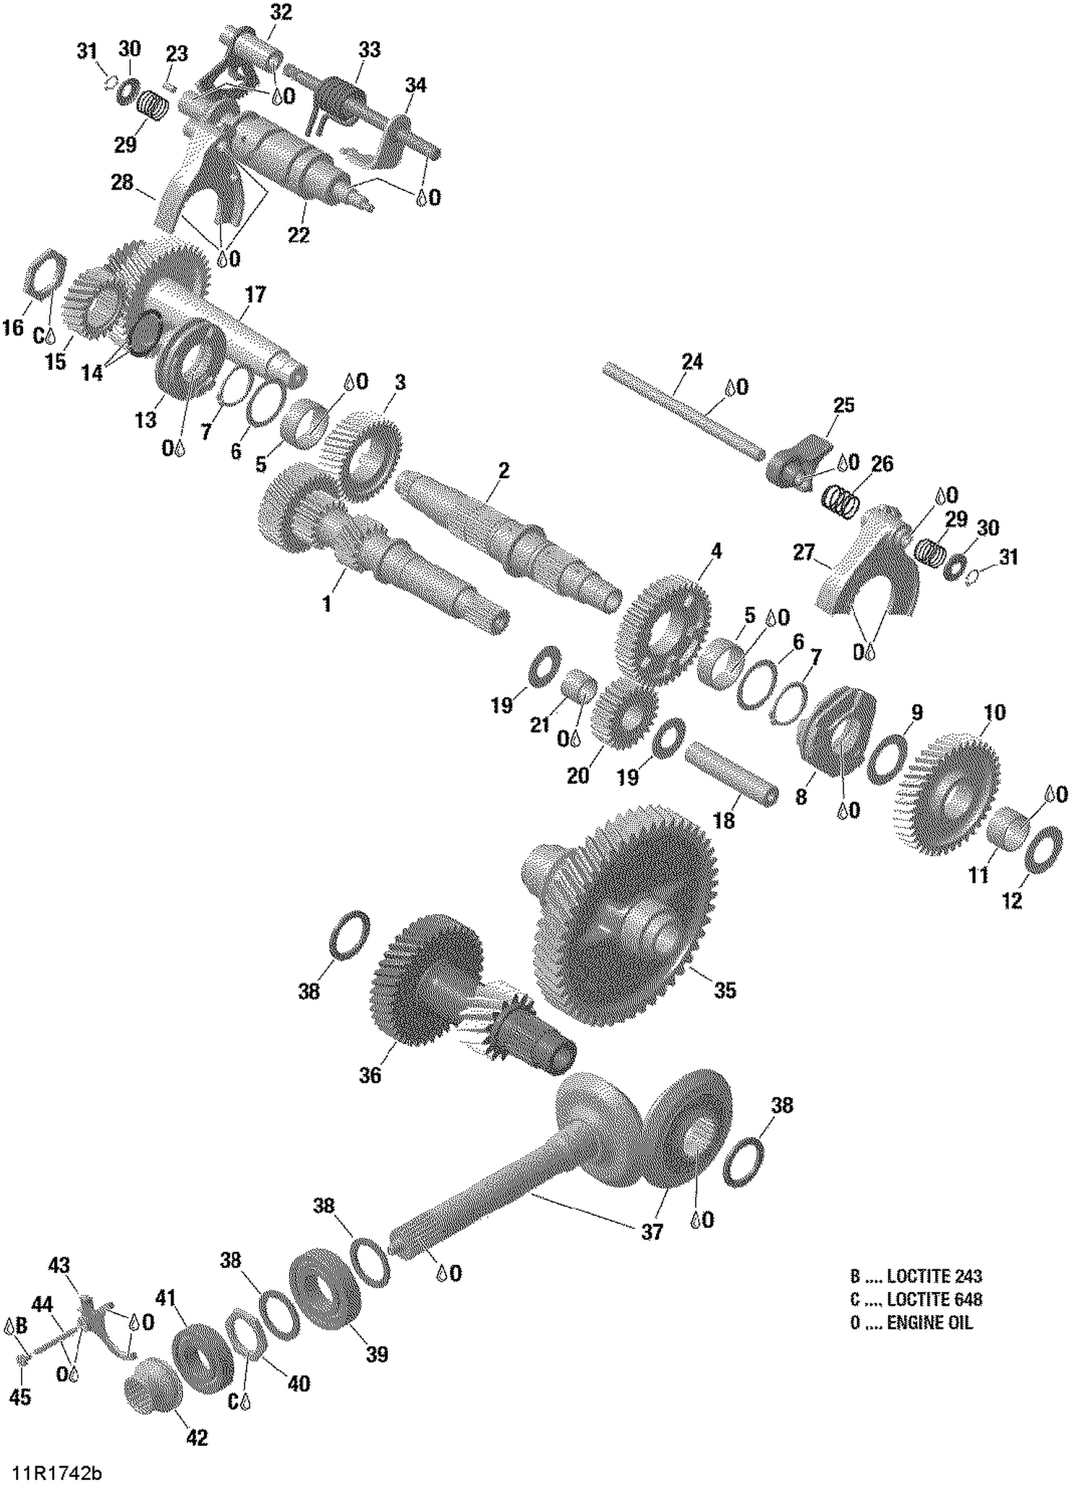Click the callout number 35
point(725,990)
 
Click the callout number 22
point(298,235)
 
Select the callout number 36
point(370,1076)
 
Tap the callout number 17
point(255,294)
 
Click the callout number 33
point(369,50)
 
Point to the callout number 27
point(804,553)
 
